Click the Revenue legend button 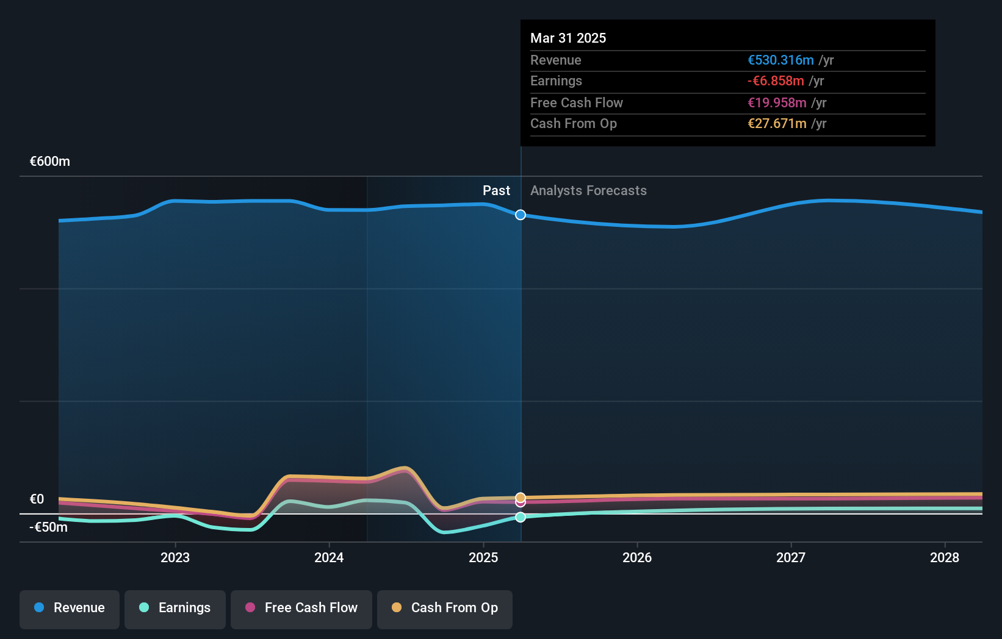click(x=70, y=609)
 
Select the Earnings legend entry click(x=175, y=609)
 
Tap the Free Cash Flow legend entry click(x=301, y=609)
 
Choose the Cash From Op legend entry click(x=445, y=609)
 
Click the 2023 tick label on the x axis click(x=175, y=558)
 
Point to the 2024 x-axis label click(x=329, y=558)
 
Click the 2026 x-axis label click(x=637, y=558)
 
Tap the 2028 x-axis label click(x=945, y=558)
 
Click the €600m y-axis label click(x=50, y=162)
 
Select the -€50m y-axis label click(x=49, y=527)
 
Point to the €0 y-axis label click(x=37, y=499)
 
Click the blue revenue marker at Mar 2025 click(x=521, y=215)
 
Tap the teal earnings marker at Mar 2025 click(x=521, y=517)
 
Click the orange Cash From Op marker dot click(x=521, y=498)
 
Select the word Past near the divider click(x=496, y=191)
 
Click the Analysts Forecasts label click(x=588, y=191)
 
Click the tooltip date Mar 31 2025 click(x=568, y=38)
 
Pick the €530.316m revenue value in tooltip click(x=780, y=60)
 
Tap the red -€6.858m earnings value click(x=776, y=81)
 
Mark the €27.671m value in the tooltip click(x=777, y=124)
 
